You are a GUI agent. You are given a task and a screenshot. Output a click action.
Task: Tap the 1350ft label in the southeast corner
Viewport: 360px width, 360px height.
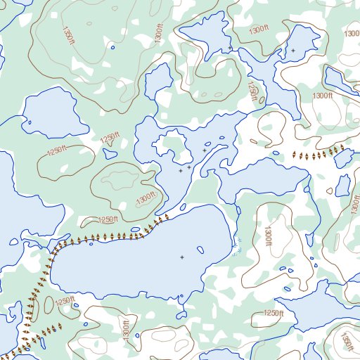[x=346, y=342]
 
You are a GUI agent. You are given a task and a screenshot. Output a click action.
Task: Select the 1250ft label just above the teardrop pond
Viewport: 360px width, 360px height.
[x=108, y=139]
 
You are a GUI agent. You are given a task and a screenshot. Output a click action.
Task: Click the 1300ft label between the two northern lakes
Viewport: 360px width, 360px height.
[x=258, y=29]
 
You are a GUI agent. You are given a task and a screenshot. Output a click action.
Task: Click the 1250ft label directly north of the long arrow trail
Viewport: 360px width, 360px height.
[x=107, y=220]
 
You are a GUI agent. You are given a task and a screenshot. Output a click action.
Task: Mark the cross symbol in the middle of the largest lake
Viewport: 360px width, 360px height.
[x=181, y=257]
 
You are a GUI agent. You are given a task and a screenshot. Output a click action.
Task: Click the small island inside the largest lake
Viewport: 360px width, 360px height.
[x=200, y=249]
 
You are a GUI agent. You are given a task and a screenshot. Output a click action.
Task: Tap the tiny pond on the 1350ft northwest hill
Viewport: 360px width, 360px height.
[x=112, y=48]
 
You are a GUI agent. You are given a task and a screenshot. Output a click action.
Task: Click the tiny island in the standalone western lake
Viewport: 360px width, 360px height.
[x=30, y=124]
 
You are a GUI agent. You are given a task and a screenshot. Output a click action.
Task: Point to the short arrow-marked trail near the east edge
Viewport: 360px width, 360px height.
[x=320, y=153]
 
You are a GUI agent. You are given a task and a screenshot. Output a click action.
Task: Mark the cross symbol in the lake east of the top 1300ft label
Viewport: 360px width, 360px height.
[x=293, y=51]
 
